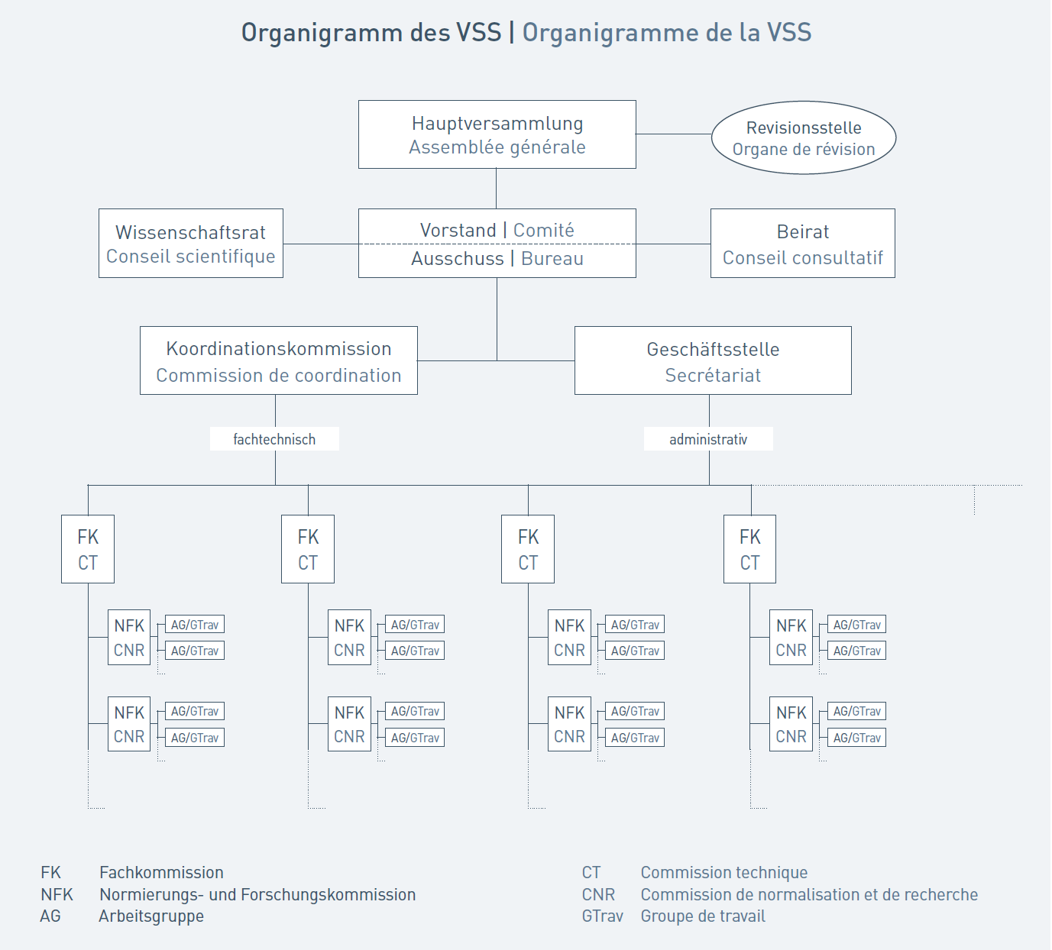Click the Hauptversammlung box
pyautogui.click(x=497, y=134)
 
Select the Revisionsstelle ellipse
pyautogui.click(x=804, y=137)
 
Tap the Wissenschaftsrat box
pyautogui.click(x=191, y=244)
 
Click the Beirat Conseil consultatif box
pyautogui.click(x=803, y=244)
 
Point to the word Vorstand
pyautogui.click(x=458, y=230)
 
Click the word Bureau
pyautogui.click(x=552, y=258)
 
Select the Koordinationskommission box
pyautogui.click(x=278, y=360)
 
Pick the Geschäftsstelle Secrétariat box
pyautogui.click(x=713, y=360)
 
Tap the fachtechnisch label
pyautogui.click(x=274, y=439)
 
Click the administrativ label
pyautogui.click(x=708, y=439)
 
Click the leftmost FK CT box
pyautogui.click(x=88, y=549)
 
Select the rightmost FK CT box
pyautogui.click(x=750, y=549)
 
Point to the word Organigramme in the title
pyautogui.click(x=610, y=33)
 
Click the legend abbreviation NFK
pyautogui.click(x=57, y=894)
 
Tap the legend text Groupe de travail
pyautogui.click(x=703, y=916)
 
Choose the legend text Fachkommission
pyautogui.click(x=161, y=872)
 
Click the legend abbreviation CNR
pyautogui.click(x=598, y=894)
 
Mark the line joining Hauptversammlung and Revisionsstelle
pyautogui.click(x=674, y=134)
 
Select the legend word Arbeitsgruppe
pyautogui.click(x=151, y=916)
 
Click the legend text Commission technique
pyautogui.click(x=724, y=872)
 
